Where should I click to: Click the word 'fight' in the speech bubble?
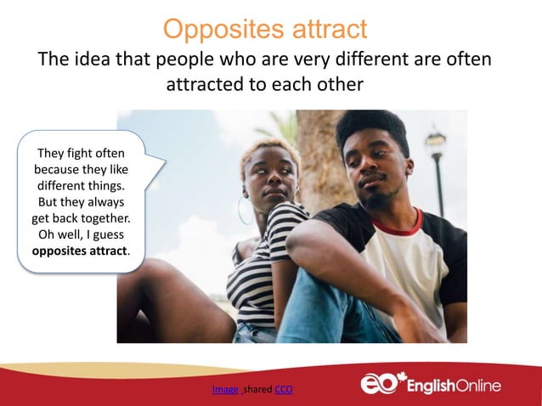tap(79, 154)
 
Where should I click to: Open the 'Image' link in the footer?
tap(225, 390)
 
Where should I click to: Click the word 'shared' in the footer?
tap(257, 390)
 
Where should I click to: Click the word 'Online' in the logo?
tap(472, 386)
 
